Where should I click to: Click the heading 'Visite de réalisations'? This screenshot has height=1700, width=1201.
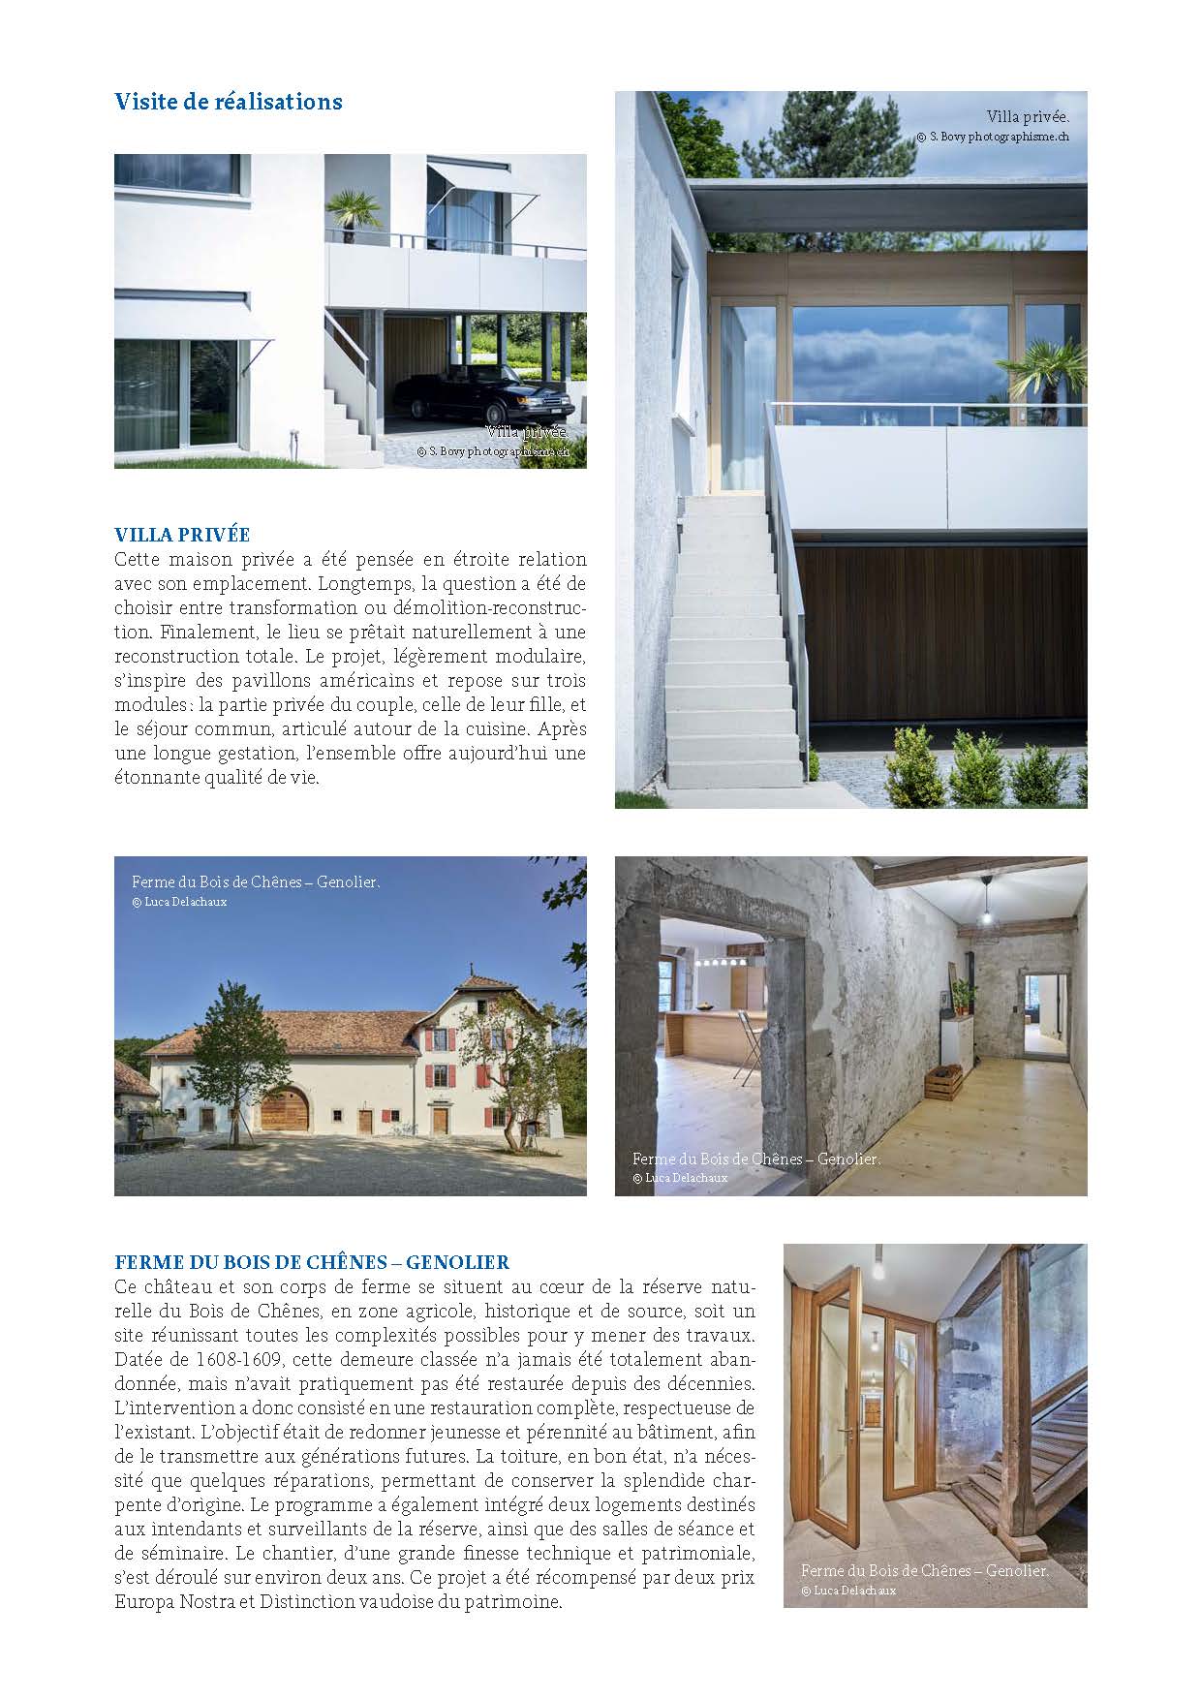click(x=229, y=102)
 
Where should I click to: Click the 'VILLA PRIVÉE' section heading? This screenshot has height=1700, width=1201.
click(x=182, y=535)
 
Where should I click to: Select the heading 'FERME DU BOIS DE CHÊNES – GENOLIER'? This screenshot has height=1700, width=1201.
click(x=312, y=1262)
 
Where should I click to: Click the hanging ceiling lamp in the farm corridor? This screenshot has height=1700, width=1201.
click(x=985, y=912)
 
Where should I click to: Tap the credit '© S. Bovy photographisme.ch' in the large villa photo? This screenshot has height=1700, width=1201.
click(x=993, y=137)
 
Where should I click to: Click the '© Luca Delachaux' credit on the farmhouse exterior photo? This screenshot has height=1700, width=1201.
click(x=179, y=902)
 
